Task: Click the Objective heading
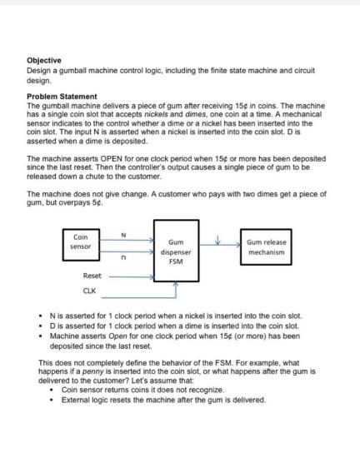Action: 42,61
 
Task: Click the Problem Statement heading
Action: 62,96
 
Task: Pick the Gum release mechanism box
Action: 266,246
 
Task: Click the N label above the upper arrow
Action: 124,234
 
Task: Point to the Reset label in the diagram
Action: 91,275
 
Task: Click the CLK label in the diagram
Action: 89,291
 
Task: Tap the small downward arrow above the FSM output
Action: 216,241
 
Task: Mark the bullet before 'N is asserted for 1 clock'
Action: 41,316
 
